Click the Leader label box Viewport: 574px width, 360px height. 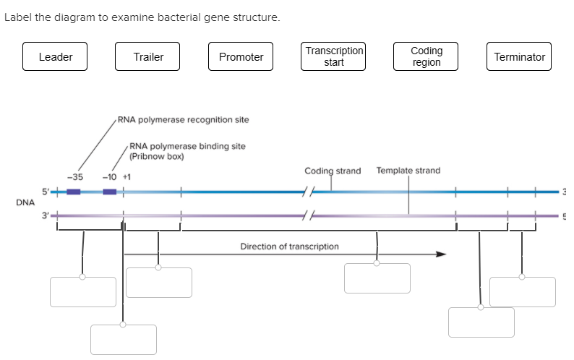(x=55, y=57)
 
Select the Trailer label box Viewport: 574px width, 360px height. (x=148, y=57)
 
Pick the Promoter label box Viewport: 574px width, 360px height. (x=241, y=57)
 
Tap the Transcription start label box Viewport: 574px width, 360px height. (x=334, y=57)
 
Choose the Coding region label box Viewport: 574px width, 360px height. (x=427, y=57)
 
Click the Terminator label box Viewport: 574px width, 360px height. (x=519, y=57)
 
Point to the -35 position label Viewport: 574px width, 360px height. (x=74, y=176)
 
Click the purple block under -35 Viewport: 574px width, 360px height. (x=73, y=192)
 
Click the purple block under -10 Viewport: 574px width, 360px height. (x=109, y=192)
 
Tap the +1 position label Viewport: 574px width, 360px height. (x=126, y=176)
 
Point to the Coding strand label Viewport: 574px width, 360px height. (x=333, y=171)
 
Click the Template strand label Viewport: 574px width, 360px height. (x=408, y=171)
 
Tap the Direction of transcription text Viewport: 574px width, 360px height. (x=289, y=247)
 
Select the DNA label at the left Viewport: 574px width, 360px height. (x=25, y=202)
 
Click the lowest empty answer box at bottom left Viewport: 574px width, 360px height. (x=124, y=340)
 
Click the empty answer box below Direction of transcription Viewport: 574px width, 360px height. (x=377, y=278)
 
